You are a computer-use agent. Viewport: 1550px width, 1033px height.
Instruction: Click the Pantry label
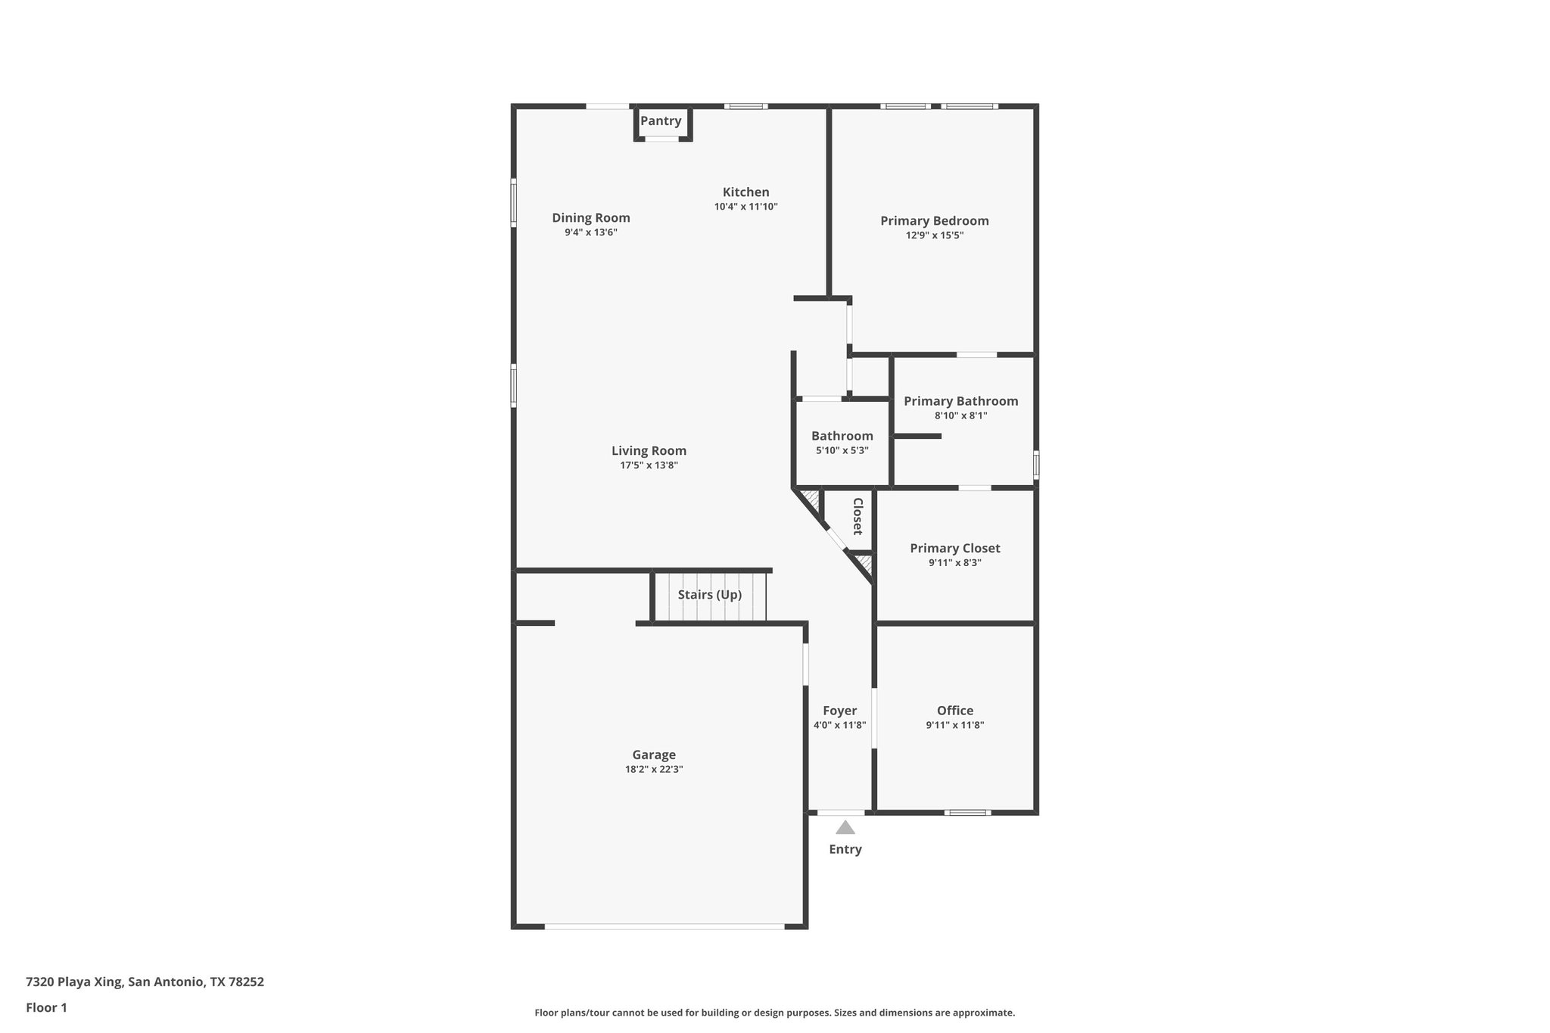661,121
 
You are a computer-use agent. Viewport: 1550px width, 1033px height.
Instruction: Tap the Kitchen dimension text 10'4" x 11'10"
745,207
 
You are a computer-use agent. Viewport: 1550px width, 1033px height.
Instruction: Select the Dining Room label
590,218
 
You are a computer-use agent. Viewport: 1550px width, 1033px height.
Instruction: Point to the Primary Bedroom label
934,221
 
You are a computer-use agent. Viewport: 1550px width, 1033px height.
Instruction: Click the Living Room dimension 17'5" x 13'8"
649,465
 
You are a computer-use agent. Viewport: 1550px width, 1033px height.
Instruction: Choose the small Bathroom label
842,436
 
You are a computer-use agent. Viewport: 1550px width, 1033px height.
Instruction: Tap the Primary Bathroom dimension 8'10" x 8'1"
960,415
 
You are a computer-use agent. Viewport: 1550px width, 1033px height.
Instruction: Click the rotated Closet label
857,516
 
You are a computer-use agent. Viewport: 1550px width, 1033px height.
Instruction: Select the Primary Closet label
954,549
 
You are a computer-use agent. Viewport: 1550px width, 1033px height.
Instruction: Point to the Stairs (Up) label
709,595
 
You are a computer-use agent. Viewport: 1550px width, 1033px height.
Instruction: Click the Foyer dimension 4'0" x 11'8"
839,725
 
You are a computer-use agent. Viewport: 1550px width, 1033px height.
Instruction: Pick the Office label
954,711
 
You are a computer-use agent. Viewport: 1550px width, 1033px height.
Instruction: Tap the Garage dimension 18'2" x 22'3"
654,769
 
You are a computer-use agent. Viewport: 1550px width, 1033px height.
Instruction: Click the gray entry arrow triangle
845,827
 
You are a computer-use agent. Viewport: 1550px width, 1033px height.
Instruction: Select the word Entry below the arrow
845,849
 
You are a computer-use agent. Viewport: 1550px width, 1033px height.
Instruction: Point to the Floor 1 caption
46,1007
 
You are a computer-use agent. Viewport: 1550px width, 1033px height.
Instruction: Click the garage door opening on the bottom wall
664,926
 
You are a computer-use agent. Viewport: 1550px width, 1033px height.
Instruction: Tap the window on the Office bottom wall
966,813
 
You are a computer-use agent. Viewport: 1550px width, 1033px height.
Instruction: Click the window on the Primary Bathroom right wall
1035,464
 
